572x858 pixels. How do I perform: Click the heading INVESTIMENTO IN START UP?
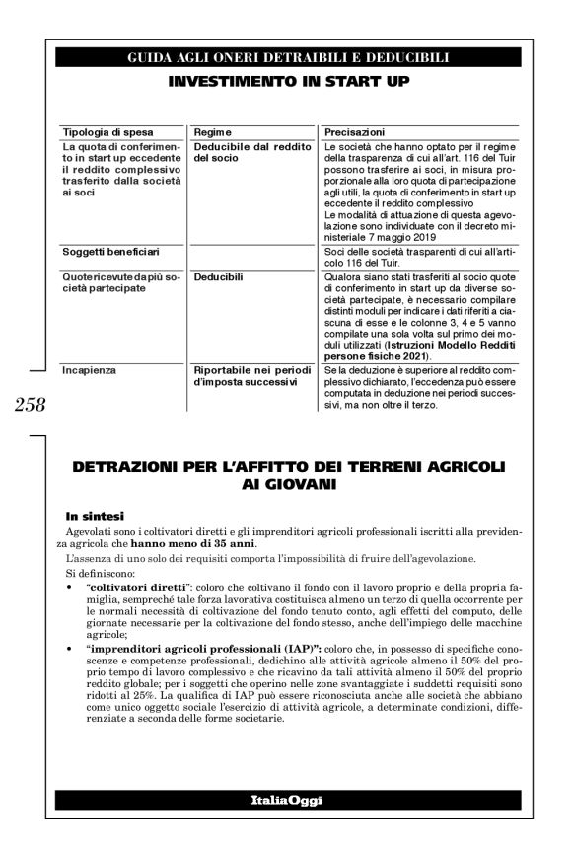click(288, 80)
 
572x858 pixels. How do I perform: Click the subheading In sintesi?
click(94, 515)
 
